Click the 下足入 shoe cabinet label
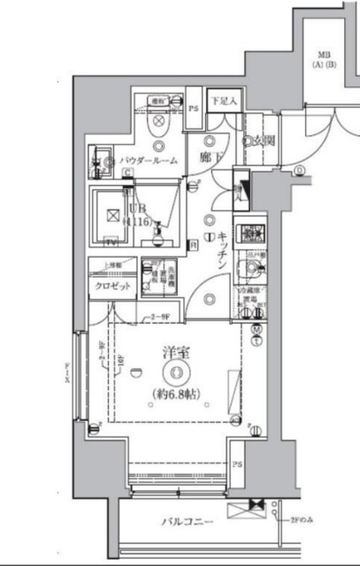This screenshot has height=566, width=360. click(223, 102)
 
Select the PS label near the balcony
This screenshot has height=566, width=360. click(236, 464)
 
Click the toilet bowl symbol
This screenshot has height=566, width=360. click(160, 127)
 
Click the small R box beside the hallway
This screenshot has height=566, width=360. click(194, 244)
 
